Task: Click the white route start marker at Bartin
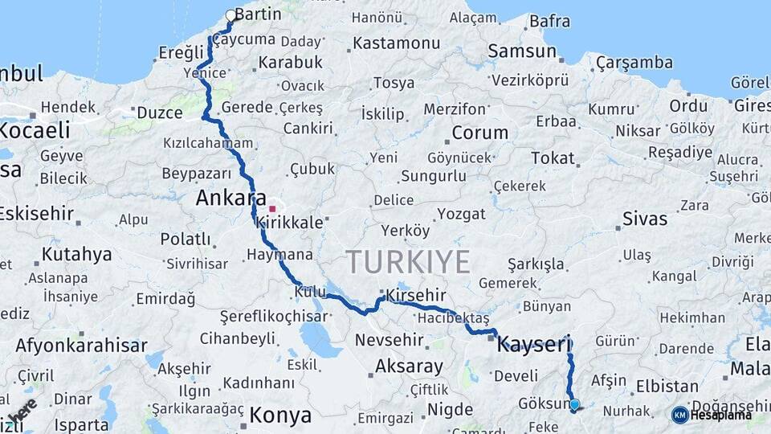point(231,15)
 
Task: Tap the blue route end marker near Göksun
point(574,404)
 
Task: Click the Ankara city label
point(230,198)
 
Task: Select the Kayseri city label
point(533,346)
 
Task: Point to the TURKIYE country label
point(408,262)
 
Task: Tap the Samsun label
point(522,51)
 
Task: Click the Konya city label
point(279,416)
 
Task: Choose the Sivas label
point(645,218)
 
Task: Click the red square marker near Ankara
point(272,209)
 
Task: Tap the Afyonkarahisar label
point(81,346)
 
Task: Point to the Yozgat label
point(462,214)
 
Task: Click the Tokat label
point(553,158)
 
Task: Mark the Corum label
point(479,133)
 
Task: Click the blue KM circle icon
point(679,415)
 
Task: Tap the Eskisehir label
point(37,214)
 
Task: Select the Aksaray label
point(409,367)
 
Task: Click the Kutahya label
point(77,255)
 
